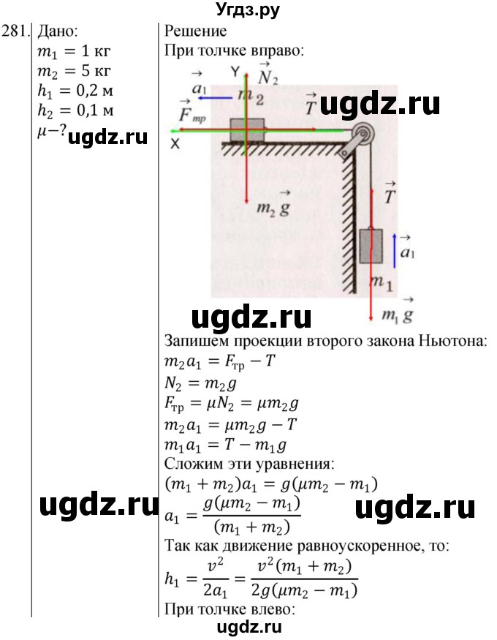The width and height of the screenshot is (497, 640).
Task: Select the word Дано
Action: (x=59, y=31)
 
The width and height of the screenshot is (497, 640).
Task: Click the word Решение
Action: (x=196, y=31)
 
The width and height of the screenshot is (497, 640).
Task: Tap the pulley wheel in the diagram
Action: (x=361, y=136)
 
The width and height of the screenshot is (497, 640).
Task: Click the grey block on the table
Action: (x=247, y=130)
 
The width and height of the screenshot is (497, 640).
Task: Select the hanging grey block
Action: (x=371, y=245)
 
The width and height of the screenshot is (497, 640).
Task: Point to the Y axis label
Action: (x=235, y=72)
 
